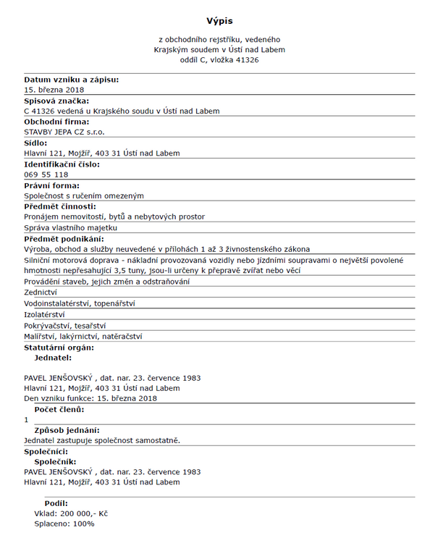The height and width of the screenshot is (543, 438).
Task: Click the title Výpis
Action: (x=219, y=21)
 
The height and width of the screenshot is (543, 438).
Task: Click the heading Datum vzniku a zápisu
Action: (x=71, y=80)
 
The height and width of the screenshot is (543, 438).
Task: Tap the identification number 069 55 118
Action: (x=46, y=174)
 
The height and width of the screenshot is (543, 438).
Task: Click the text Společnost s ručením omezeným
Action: (x=84, y=195)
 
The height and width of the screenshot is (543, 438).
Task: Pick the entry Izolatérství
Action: (x=45, y=314)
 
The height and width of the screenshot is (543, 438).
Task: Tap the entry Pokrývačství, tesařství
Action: (x=65, y=325)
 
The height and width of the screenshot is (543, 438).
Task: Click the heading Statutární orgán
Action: (x=59, y=348)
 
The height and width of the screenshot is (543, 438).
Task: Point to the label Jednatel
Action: (x=53, y=358)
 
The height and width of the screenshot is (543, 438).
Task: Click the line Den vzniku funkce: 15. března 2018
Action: (x=90, y=398)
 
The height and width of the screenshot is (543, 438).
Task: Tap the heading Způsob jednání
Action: (x=67, y=430)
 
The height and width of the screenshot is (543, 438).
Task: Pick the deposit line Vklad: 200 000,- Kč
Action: (x=71, y=513)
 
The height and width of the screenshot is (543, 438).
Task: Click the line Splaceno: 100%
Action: (x=64, y=523)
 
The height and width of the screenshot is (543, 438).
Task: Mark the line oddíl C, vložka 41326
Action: (x=219, y=60)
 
